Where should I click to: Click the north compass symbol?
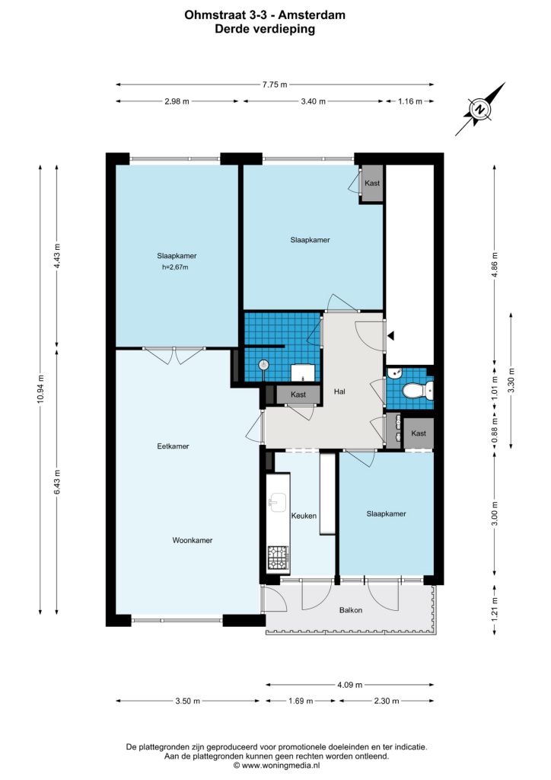pos(479,110)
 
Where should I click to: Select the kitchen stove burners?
pos(278,558)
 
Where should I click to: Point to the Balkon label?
pos(351,610)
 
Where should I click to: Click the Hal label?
pos(339,392)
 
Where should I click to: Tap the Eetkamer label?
pos(173,446)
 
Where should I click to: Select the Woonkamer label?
pos(193,540)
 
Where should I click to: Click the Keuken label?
pos(304,516)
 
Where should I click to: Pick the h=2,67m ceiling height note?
pos(175,267)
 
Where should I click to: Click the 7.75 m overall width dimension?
pos(275,85)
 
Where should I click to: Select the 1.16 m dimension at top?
pos(410,101)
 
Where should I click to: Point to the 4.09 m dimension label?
pos(350,685)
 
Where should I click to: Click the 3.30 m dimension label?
pos(511,381)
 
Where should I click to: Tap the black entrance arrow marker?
pos(391,336)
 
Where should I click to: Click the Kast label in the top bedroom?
pos(372,183)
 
